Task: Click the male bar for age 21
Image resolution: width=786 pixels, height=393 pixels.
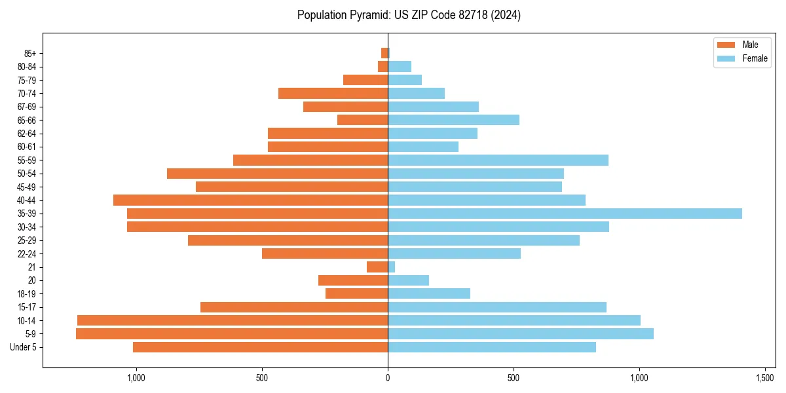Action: pos(377,267)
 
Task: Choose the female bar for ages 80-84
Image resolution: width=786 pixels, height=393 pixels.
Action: pos(400,67)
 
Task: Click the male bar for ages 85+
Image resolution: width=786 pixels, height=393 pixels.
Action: pos(384,53)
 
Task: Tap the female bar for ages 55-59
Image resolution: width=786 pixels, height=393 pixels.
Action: pos(498,160)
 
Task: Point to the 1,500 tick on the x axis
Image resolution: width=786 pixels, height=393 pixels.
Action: pos(765,378)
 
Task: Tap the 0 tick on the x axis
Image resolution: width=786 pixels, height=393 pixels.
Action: pos(388,378)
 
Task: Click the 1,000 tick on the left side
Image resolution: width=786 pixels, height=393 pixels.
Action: pos(136,378)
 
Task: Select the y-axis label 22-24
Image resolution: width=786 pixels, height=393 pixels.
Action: pos(27,254)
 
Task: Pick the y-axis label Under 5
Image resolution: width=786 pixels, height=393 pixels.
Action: pos(24,347)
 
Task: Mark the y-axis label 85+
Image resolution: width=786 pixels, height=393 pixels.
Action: pos(29,53)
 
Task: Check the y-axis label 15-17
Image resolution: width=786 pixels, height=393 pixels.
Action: pos(27,307)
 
